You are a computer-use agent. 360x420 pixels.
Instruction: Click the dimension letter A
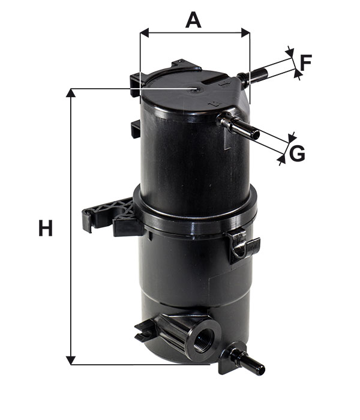pyautogui.click(x=193, y=20)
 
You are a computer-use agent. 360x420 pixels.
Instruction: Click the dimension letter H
pyautogui.click(x=46, y=228)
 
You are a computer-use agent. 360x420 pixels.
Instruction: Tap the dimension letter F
pyautogui.click(x=306, y=62)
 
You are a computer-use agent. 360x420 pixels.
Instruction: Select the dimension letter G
pyautogui.click(x=298, y=154)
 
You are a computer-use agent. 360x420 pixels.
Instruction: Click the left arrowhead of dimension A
pyautogui.click(x=145, y=32)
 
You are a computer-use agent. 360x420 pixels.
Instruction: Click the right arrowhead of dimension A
pyautogui.click(x=245, y=32)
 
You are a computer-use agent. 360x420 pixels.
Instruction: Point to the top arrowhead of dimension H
pyautogui.click(x=70, y=92)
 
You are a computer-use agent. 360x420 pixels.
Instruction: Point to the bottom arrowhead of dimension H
pyautogui.click(x=70, y=360)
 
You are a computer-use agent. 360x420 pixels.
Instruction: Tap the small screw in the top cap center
pyautogui.click(x=194, y=90)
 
